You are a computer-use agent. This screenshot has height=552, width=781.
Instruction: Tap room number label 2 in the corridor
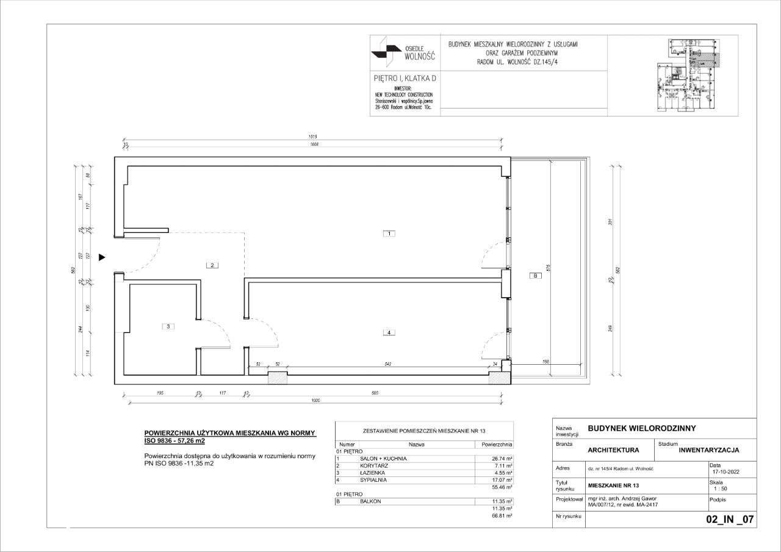tap(212, 265)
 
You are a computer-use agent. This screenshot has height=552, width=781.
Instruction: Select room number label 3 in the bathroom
tap(169, 326)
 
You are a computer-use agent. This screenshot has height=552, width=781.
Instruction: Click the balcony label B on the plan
tap(534, 276)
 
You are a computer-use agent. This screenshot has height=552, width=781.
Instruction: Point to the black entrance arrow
tap(103, 257)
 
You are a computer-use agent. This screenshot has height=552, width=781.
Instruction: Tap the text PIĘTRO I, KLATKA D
tap(405, 79)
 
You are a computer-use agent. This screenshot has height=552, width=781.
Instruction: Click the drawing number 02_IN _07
tap(730, 520)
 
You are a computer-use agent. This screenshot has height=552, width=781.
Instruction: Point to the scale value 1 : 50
tap(720, 488)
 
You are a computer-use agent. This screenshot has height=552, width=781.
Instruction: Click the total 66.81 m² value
tap(501, 515)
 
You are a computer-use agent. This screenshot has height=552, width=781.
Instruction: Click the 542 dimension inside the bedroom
tap(387, 364)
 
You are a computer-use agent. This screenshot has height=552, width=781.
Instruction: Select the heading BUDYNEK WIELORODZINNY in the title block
tap(641, 428)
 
